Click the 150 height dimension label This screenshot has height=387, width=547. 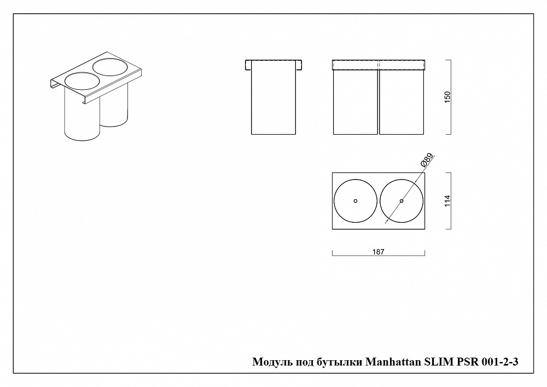(x=447, y=97)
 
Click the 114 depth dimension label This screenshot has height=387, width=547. (x=447, y=201)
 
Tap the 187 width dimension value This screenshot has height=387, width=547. (x=378, y=252)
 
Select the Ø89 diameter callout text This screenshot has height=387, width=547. (x=427, y=160)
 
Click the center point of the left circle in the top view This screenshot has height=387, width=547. (x=356, y=201)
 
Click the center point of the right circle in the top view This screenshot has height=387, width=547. (x=401, y=201)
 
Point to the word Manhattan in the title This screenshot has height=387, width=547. (x=393, y=362)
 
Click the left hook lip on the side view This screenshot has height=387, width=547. (x=248, y=66)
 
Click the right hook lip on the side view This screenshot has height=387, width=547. (x=299, y=66)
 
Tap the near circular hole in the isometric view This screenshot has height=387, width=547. (x=83, y=81)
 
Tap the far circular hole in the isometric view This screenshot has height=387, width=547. (x=110, y=67)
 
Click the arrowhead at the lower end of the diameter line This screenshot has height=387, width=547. (x=386, y=222)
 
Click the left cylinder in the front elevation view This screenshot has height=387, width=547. (x=356, y=102)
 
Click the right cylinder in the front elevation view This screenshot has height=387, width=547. (x=401, y=102)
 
